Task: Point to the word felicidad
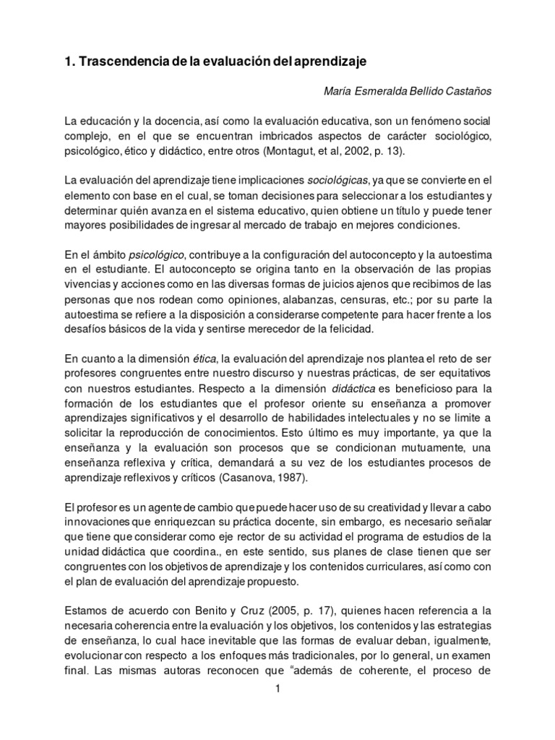347,329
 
